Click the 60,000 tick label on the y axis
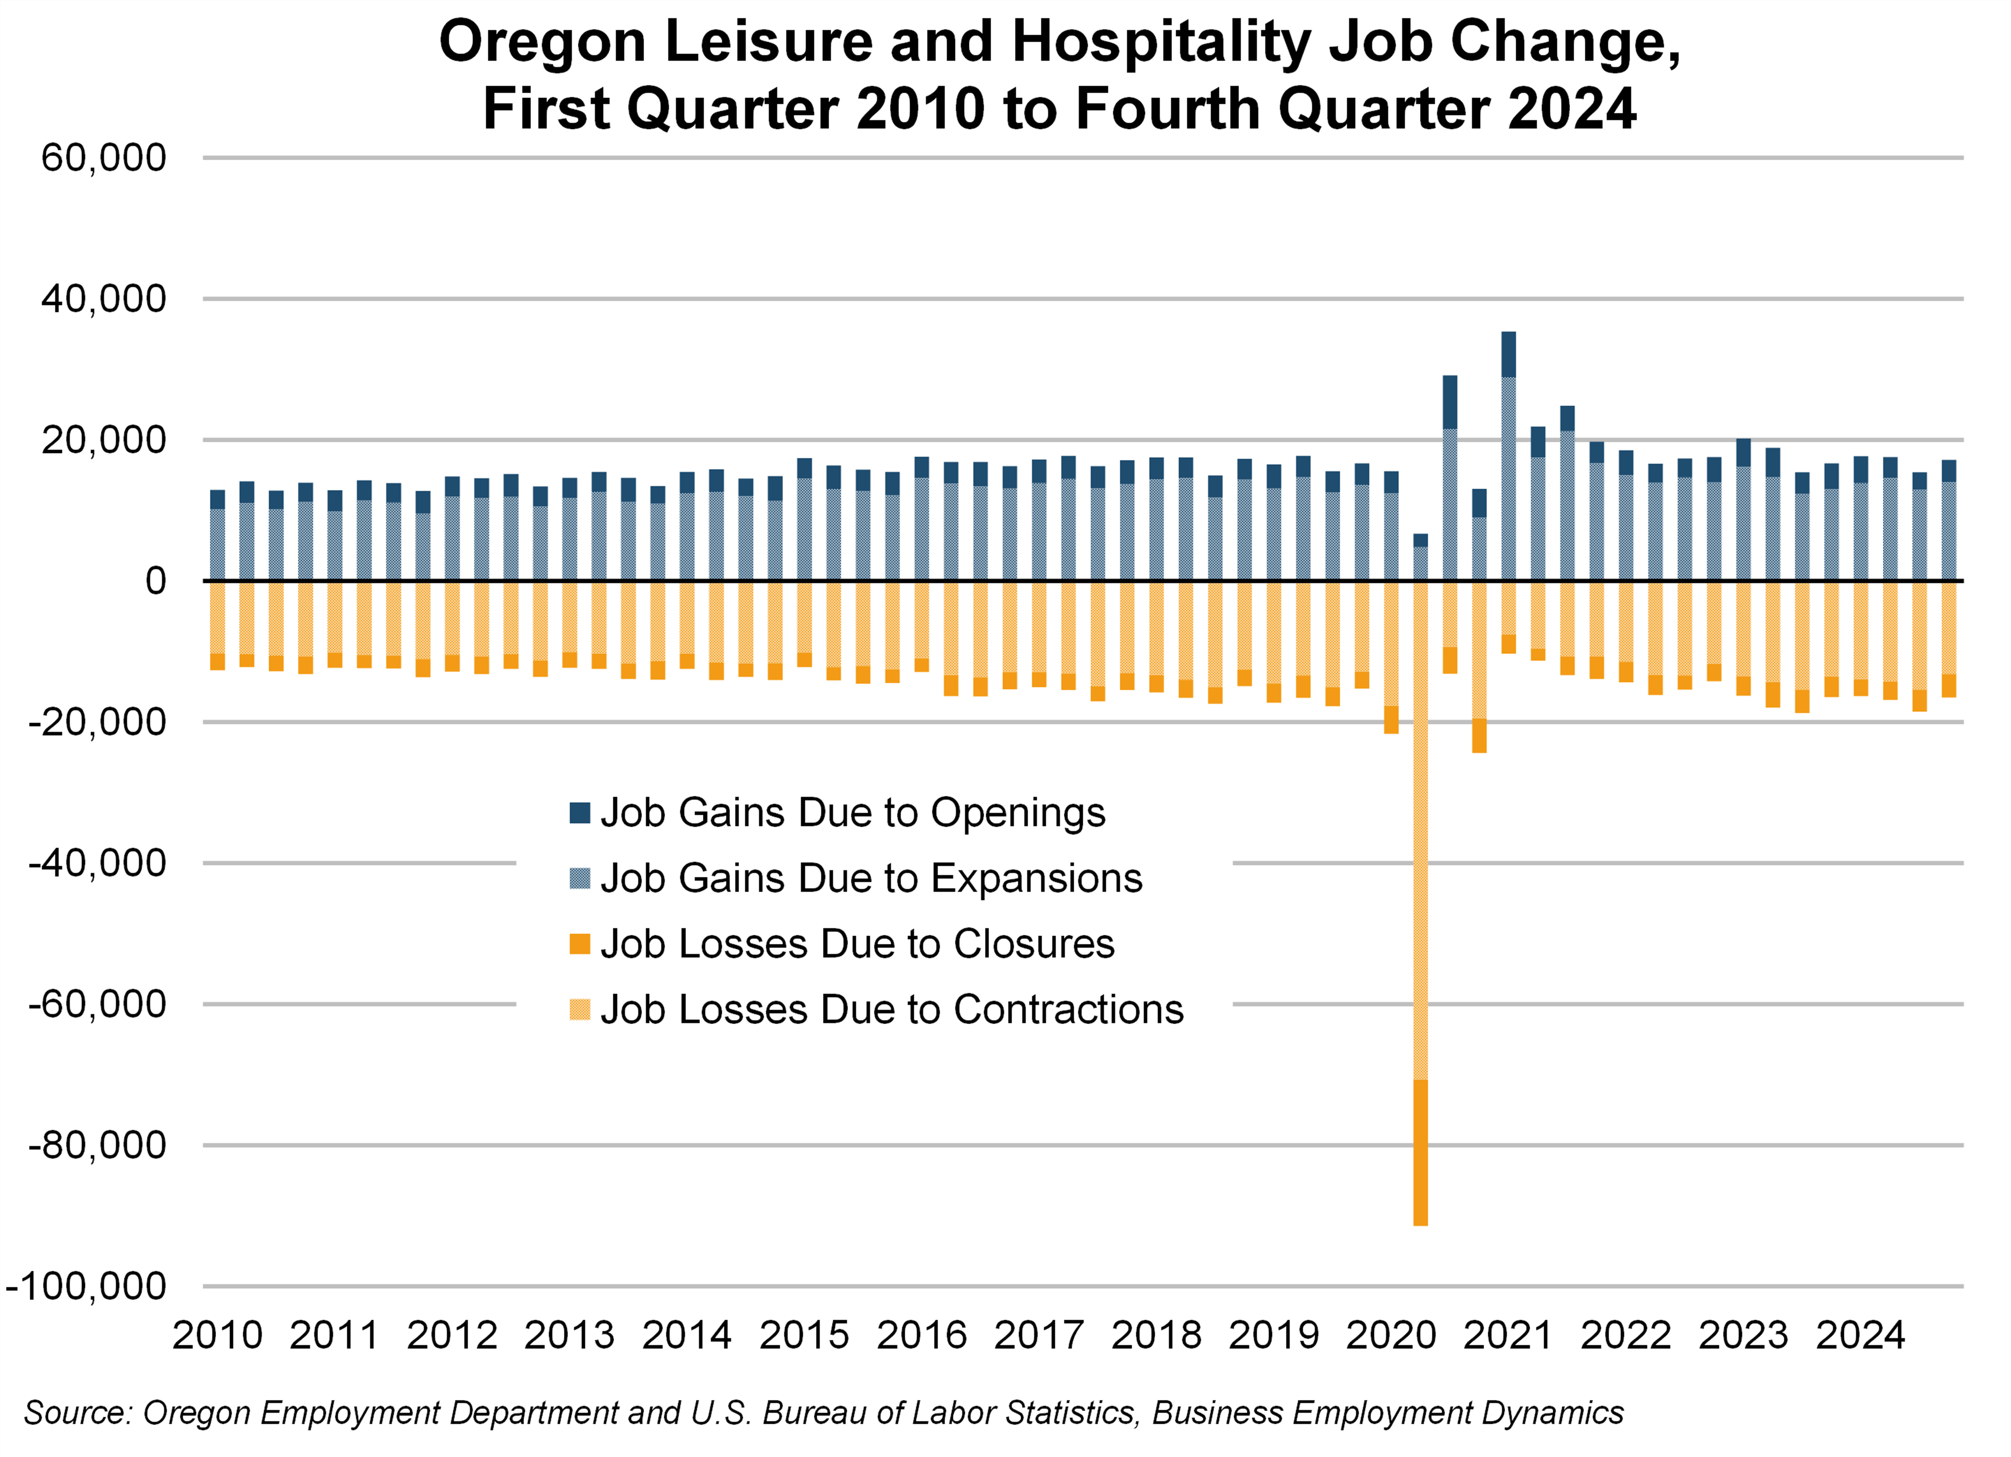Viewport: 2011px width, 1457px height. [x=104, y=159]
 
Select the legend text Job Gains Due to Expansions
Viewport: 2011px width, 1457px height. [x=871, y=879]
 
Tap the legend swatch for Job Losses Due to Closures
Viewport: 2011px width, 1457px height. [x=580, y=944]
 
